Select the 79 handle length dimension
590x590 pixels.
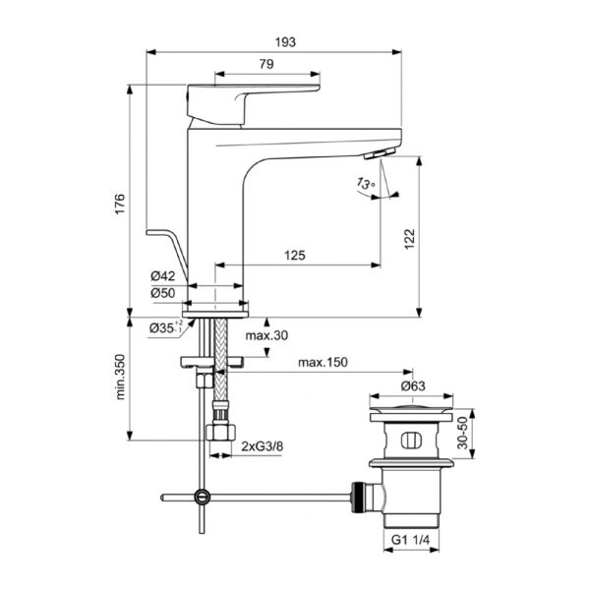coord(266,64)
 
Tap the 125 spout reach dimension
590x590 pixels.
coord(294,255)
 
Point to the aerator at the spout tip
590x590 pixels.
coord(378,155)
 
